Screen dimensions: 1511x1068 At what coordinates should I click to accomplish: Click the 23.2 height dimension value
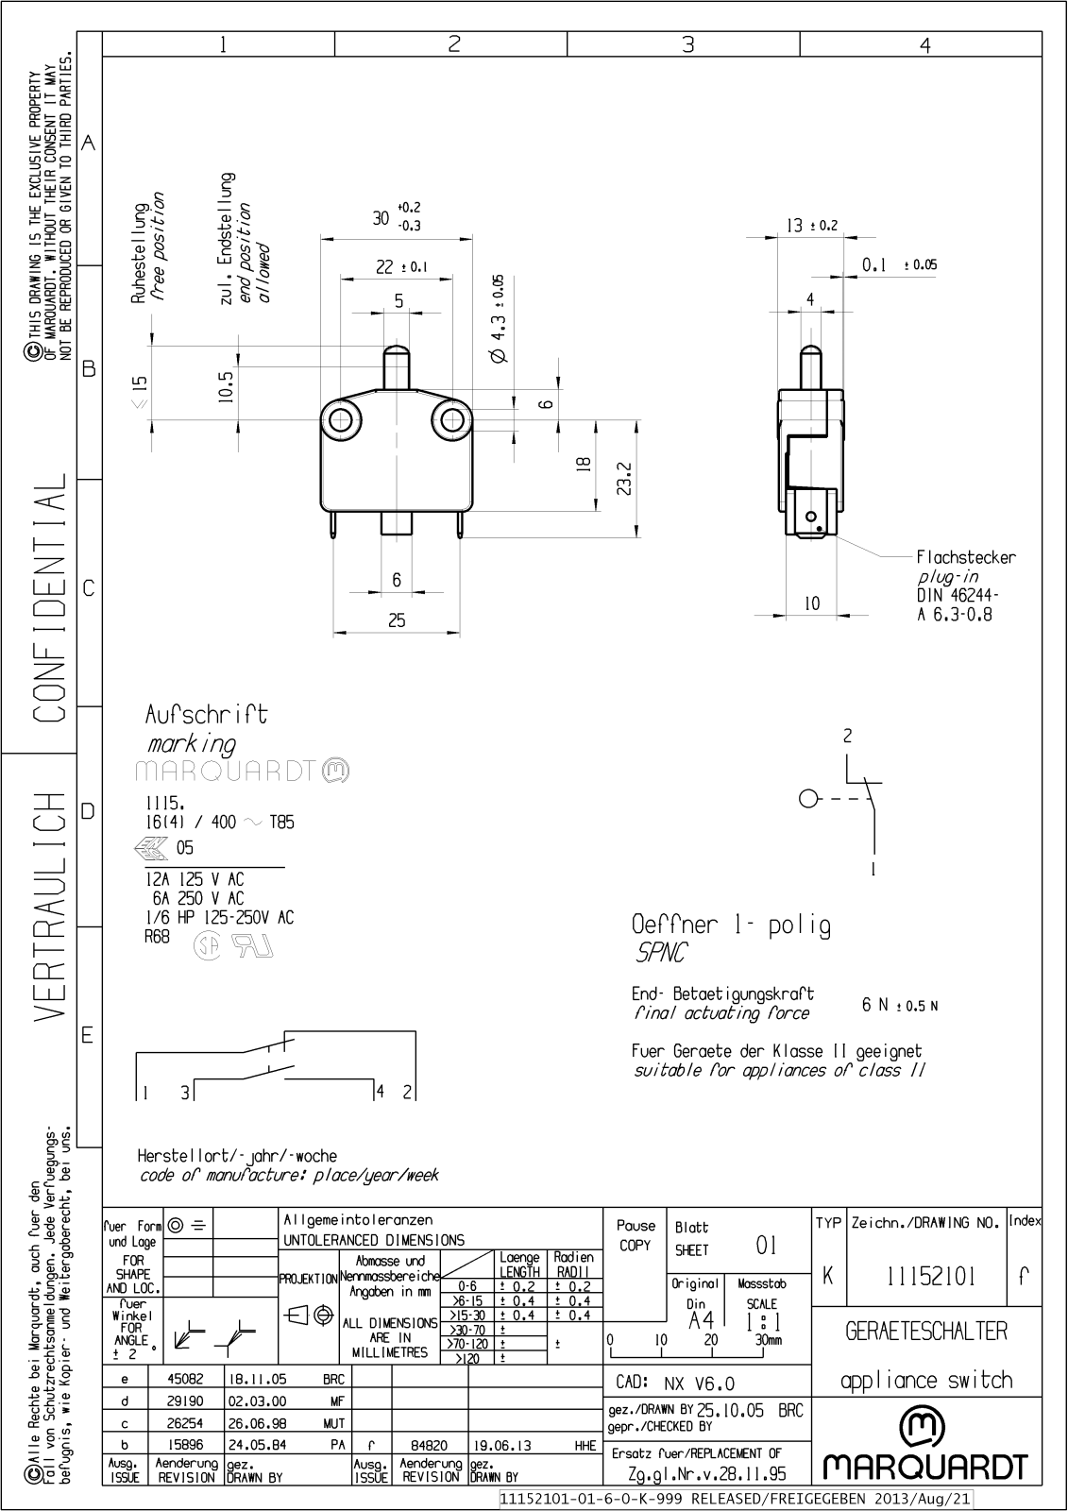624,479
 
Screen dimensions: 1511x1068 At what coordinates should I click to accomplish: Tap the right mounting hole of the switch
451,420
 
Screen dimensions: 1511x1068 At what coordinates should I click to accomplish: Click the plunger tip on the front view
397,352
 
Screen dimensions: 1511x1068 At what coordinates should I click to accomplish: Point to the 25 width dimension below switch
397,620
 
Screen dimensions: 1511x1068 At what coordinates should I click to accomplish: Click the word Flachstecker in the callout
965,557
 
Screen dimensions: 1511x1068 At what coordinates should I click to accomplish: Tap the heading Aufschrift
206,714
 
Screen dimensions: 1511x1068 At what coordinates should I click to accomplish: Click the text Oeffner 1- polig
731,925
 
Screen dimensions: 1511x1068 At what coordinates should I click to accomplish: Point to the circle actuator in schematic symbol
807,799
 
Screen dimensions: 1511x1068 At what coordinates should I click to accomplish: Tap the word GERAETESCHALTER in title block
925,1331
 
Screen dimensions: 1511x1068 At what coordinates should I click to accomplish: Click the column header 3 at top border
687,44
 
